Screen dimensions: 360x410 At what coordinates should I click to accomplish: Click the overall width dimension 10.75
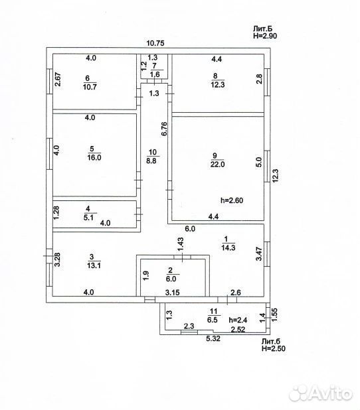(x=155, y=43)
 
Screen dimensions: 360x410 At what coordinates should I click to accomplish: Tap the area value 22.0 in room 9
(x=218, y=165)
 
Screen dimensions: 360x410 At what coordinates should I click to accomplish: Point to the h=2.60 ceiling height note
(x=232, y=200)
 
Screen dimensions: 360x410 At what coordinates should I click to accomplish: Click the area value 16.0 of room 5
(x=94, y=158)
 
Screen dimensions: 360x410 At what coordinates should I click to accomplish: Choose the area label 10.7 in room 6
(x=90, y=86)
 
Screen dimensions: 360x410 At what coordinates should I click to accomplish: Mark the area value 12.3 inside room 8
(x=218, y=85)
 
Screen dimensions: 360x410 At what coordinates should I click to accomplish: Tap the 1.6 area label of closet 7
(x=155, y=74)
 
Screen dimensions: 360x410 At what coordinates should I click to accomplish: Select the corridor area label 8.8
(x=151, y=161)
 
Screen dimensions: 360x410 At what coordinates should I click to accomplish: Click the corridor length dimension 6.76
(x=164, y=129)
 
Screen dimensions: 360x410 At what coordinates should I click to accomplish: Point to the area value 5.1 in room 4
(x=88, y=218)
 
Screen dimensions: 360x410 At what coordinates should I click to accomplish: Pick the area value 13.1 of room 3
(x=94, y=265)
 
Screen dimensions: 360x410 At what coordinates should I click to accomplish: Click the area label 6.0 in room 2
(x=171, y=279)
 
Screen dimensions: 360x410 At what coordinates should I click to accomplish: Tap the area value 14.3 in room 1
(x=228, y=247)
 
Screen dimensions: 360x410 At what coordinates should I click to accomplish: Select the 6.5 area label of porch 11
(x=213, y=320)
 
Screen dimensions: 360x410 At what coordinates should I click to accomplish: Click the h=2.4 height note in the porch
(x=238, y=320)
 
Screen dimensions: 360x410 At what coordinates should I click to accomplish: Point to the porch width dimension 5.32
(x=213, y=338)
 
